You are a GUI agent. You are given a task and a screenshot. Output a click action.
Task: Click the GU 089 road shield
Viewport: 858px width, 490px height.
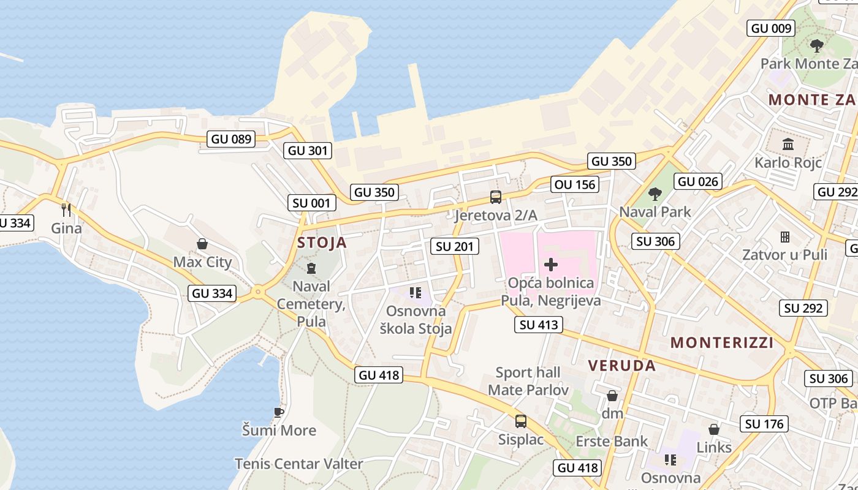coord(231,139)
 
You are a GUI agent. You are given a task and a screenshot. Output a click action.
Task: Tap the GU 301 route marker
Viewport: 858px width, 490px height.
coord(308,150)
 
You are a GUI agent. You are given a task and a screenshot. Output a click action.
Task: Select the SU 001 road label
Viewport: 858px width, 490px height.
coord(312,203)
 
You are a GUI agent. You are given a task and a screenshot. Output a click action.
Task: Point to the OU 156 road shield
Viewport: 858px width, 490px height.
coord(574,184)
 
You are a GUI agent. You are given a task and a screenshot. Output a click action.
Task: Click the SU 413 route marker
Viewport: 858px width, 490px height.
coord(539,325)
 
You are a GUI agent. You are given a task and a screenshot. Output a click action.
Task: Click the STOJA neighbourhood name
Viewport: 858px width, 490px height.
coord(322,243)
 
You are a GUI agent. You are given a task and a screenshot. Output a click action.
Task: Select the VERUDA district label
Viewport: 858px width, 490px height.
coord(621,366)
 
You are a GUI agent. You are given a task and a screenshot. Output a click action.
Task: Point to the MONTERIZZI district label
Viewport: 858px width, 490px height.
coord(721,342)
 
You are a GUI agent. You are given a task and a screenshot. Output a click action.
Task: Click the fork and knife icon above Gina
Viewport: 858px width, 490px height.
coord(66,210)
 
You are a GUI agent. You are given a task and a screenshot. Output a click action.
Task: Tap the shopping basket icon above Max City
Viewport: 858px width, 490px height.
coord(202,244)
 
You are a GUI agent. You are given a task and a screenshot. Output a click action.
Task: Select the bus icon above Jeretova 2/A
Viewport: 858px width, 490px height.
coord(495,197)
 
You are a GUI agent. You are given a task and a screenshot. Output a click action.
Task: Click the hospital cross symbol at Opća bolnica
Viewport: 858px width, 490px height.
coord(550,265)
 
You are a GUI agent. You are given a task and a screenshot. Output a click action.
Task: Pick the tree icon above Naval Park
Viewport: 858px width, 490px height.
coord(655,194)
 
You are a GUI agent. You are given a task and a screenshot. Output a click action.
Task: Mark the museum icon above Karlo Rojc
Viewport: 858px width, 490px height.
coord(788,145)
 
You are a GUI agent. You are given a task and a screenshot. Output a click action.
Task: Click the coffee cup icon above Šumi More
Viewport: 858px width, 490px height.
coord(279,412)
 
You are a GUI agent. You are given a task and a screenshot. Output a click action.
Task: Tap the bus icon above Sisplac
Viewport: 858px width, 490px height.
coord(520,421)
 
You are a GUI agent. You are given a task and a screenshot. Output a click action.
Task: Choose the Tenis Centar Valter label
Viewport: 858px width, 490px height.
coord(298,464)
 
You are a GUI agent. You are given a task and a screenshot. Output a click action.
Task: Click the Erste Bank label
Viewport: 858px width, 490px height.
coord(611,441)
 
